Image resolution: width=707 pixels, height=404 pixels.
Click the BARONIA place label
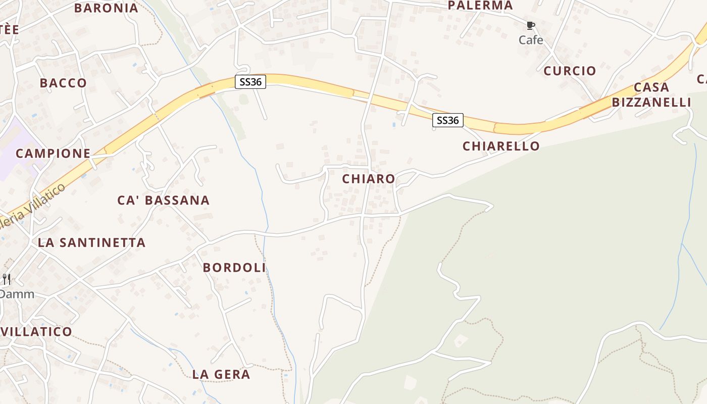click(x=106, y=8)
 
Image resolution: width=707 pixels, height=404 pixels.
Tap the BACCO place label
click(x=63, y=83)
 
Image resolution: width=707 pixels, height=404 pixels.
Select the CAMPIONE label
click(x=53, y=153)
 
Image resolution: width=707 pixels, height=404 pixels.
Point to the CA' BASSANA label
click(x=163, y=200)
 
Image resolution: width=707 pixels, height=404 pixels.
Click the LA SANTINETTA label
click(x=91, y=242)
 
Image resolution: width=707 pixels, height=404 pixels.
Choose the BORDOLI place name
click(x=234, y=268)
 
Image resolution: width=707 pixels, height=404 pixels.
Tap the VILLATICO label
click(x=37, y=332)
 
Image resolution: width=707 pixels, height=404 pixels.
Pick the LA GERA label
click(x=221, y=374)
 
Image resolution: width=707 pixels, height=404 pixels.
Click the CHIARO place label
click(x=368, y=179)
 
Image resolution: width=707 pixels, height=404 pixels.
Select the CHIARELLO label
click(x=501, y=146)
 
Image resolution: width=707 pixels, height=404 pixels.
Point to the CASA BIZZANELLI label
click(x=651, y=95)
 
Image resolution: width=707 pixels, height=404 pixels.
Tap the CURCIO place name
click(x=570, y=71)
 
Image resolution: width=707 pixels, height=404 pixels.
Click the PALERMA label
click(x=480, y=6)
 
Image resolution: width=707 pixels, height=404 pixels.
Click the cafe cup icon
click(x=530, y=25)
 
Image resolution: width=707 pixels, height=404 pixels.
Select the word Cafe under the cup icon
click(x=531, y=40)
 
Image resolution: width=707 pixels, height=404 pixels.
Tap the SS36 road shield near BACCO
click(x=250, y=82)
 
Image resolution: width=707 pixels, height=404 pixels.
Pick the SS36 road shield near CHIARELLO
click(x=447, y=120)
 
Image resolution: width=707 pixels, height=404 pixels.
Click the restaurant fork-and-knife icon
click(x=7, y=279)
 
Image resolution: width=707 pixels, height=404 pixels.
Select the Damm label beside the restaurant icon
click(x=17, y=294)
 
